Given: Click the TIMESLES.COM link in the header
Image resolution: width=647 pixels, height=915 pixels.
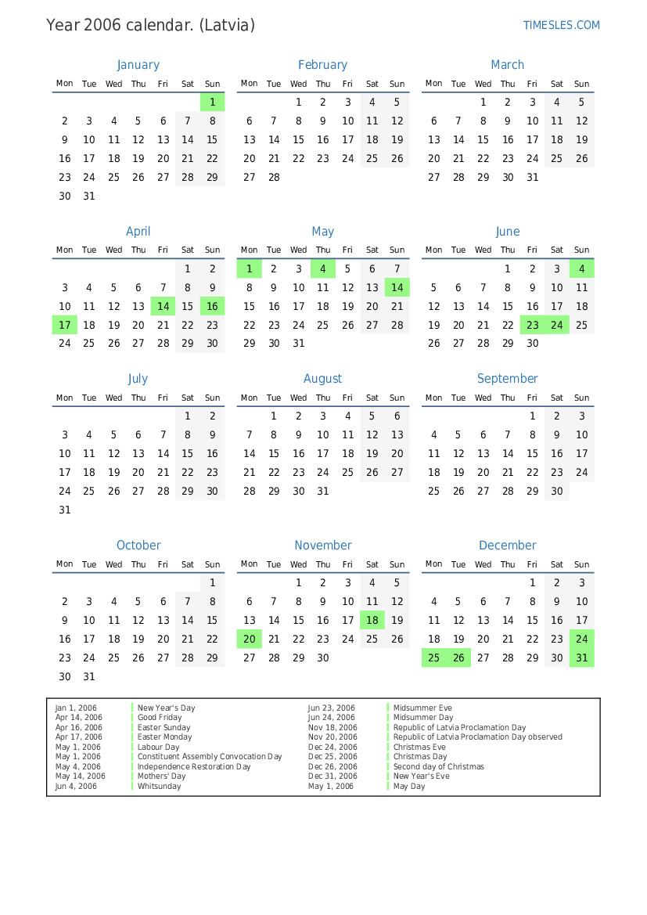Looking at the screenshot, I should [x=561, y=25].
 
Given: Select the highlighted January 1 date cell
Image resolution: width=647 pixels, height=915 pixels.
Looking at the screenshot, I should [x=212, y=102].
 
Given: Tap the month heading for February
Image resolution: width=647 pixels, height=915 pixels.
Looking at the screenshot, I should [x=322, y=65].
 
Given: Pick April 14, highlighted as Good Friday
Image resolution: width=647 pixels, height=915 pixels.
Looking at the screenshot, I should [x=163, y=307].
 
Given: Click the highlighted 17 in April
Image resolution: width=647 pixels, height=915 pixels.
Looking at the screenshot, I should [x=65, y=325].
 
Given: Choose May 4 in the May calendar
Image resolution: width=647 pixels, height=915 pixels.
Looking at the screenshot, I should [x=322, y=269].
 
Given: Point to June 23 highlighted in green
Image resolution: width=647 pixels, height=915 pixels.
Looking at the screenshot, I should [x=533, y=325].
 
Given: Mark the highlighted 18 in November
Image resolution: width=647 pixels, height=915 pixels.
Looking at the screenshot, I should [x=372, y=621].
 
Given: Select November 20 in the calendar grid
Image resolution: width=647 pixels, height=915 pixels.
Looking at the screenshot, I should [x=250, y=639].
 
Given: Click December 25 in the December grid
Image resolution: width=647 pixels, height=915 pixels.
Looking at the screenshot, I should [x=434, y=658].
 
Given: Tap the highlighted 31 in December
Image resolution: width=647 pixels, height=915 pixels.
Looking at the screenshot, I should [x=582, y=658].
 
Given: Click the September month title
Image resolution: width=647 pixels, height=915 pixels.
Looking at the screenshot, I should [x=508, y=379].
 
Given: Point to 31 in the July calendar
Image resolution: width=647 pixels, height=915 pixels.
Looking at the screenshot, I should [x=65, y=510].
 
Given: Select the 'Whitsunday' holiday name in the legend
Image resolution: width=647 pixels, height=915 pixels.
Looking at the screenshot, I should [x=159, y=786].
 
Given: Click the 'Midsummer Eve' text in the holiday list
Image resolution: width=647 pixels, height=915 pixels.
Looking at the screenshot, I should [x=422, y=708].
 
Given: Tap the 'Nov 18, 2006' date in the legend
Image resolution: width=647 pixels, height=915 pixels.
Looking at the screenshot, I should [x=332, y=727].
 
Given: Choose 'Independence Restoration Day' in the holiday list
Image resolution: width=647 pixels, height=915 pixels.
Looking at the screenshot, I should [x=194, y=766].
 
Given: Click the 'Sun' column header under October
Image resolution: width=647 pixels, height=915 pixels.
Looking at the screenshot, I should [x=212, y=564].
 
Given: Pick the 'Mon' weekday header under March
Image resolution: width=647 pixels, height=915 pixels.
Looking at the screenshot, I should [x=434, y=84].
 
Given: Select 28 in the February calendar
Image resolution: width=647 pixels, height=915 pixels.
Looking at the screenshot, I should [x=274, y=177].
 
